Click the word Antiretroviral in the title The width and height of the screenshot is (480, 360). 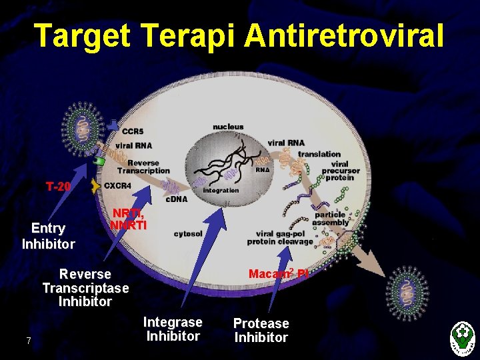click(x=344, y=35)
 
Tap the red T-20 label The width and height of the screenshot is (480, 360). click(x=58, y=186)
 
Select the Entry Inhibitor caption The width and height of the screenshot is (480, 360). click(x=48, y=237)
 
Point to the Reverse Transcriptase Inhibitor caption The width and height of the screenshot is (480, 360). click(x=85, y=287)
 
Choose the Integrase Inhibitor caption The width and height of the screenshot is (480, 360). click(x=173, y=329)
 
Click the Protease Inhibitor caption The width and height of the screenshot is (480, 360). click(x=261, y=331)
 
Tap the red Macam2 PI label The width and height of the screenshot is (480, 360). click(x=278, y=273)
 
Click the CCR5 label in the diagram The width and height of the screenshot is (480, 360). click(x=133, y=131)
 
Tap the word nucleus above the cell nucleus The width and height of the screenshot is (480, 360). click(x=228, y=127)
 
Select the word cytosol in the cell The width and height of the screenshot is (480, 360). click(x=188, y=234)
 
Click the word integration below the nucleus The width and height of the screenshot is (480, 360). click(x=221, y=190)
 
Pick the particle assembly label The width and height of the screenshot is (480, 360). click(x=330, y=219)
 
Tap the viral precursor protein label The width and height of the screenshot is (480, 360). click(x=340, y=170)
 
